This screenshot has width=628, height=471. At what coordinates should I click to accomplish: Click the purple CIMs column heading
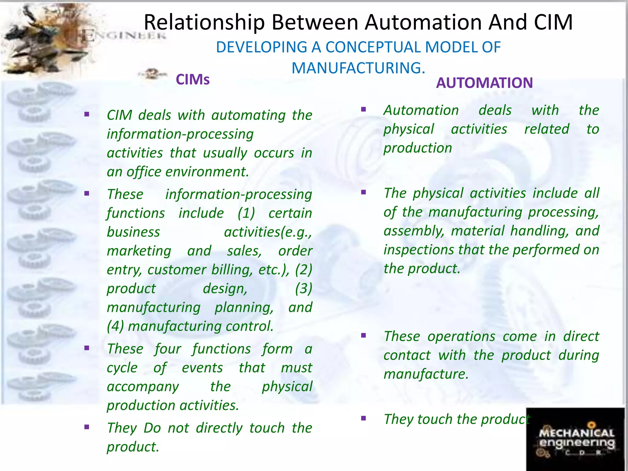193,80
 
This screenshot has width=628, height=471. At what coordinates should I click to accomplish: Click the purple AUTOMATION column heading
484,83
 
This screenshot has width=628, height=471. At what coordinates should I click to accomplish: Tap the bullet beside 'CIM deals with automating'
87,115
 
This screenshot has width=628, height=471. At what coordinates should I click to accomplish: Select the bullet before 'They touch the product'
364,418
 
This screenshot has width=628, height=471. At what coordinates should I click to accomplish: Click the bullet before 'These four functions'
87,348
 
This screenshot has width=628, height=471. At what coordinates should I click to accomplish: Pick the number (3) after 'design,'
303,289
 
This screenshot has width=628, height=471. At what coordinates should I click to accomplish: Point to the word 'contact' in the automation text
407,355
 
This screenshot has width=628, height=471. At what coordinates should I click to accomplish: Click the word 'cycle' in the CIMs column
122,368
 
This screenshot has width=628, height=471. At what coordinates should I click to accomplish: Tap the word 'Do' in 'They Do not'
152,428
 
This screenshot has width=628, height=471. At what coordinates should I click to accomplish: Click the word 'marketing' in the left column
139,251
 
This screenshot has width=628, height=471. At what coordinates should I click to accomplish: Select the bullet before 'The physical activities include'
364,193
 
